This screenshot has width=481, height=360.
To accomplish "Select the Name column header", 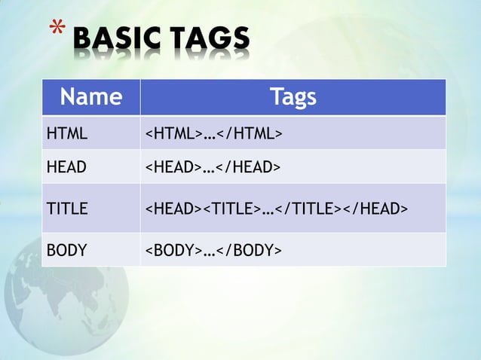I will click(x=90, y=96).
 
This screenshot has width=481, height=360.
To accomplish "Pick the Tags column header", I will click(x=293, y=96).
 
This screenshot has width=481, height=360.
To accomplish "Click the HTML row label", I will click(x=67, y=135).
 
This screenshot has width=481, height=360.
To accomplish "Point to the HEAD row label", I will click(x=66, y=167).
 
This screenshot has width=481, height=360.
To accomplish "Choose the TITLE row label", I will click(x=67, y=209).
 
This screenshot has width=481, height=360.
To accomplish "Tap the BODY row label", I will click(x=66, y=250).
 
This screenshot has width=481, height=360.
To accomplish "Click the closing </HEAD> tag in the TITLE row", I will click(x=375, y=209).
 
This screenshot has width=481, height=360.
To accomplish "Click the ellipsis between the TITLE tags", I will click(x=268, y=210).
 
